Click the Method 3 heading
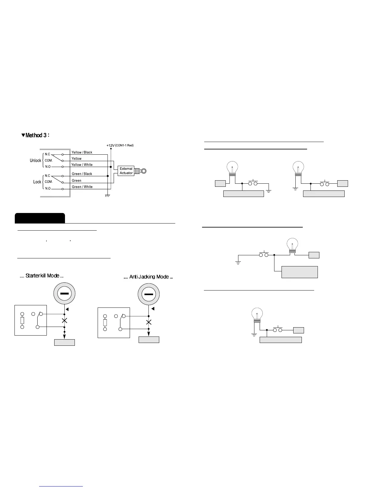point(35,135)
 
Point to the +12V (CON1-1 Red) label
point(120,145)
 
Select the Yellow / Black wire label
point(82,152)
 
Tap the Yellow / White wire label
point(82,165)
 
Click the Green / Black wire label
point(82,174)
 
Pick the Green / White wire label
point(82,187)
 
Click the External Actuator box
point(126,171)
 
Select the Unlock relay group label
point(35,161)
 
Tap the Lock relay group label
point(37,182)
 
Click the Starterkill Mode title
point(42,276)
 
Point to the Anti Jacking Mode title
point(148,277)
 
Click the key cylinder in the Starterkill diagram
point(64,294)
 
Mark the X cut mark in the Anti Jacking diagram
point(149,322)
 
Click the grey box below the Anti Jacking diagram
point(149,340)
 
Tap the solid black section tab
point(40,218)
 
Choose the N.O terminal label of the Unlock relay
point(48,167)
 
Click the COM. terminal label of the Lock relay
point(49,182)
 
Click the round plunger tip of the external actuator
point(144,171)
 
